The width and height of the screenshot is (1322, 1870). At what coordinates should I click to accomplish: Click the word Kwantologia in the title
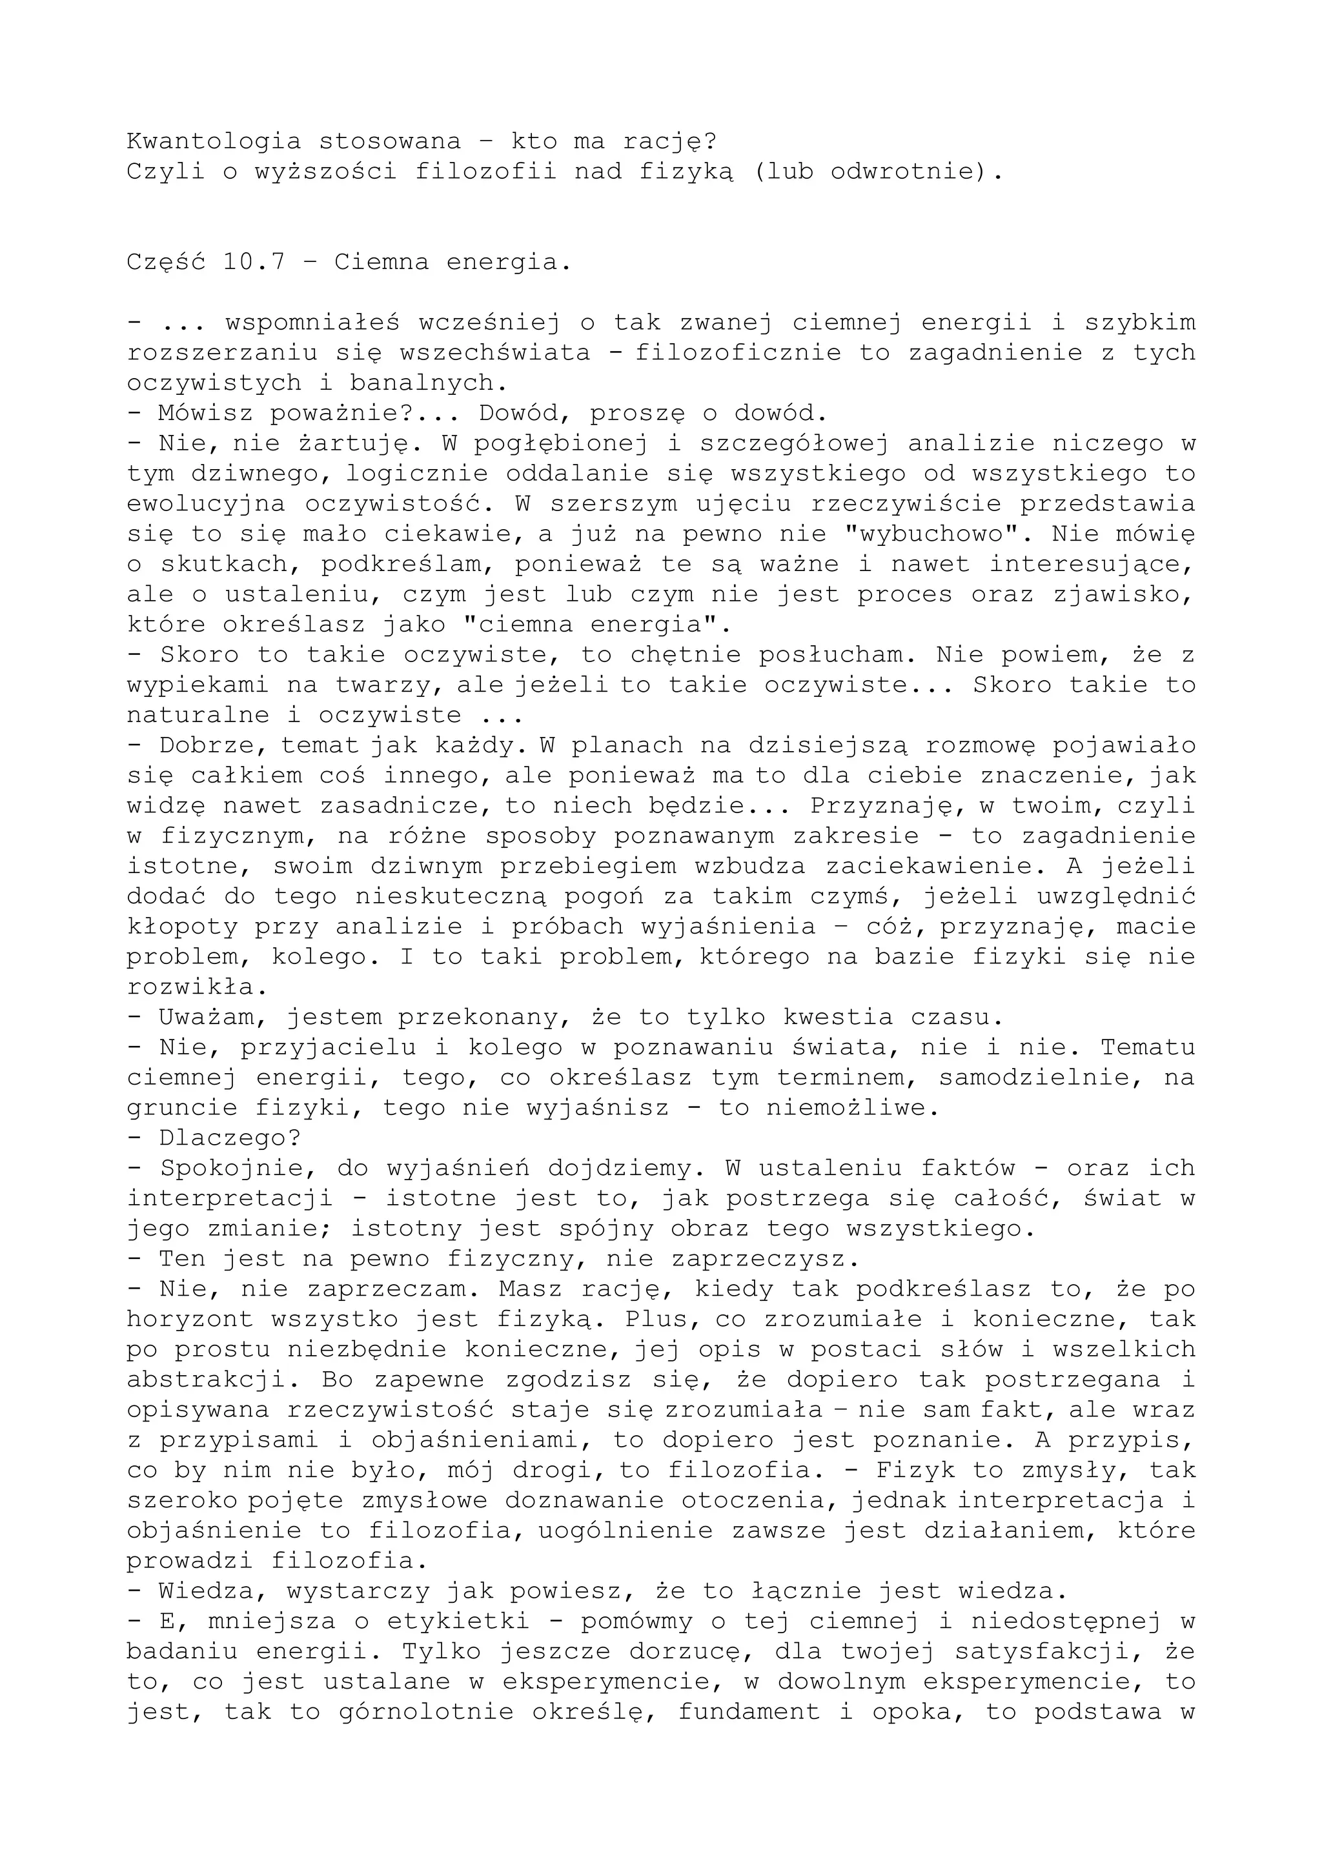point(214,142)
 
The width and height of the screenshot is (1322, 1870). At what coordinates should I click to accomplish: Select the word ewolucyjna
point(207,503)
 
